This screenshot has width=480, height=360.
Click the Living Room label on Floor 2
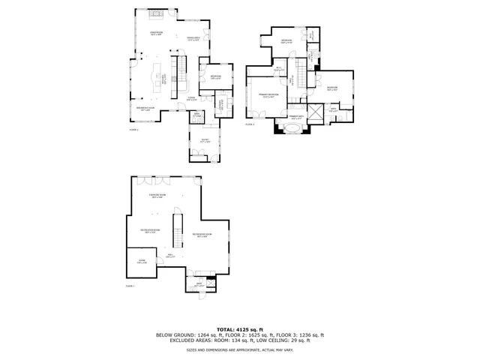(x=156, y=34)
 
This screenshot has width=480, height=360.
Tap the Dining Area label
(x=192, y=39)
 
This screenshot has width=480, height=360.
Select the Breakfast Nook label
(x=145, y=108)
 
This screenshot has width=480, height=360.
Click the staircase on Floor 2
(x=178, y=70)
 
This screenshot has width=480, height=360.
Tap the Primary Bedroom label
(x=268, y=95)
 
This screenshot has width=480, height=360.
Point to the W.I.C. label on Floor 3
(x=278, y=70)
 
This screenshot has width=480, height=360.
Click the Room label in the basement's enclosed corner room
(x=142, y=262)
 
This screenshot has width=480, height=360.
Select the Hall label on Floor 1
(x=170, y=256)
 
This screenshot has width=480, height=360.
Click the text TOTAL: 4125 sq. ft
(x=239, y=329)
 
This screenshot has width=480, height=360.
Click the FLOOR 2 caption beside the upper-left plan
(x=133, y=129)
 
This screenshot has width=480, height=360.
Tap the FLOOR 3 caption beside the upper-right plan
(x=250, y=124)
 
